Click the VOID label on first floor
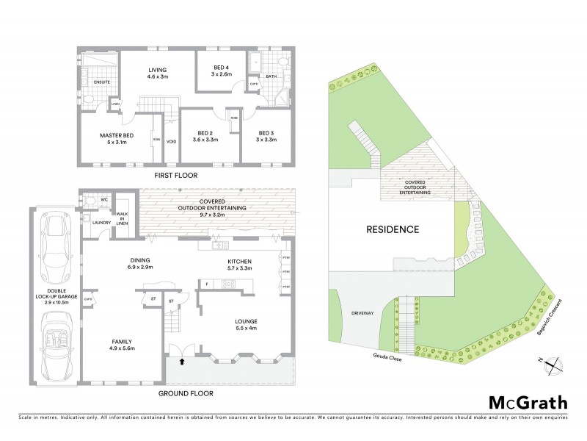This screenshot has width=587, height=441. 171,141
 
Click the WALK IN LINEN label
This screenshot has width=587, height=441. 122,218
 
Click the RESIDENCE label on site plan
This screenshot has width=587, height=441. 393,229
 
